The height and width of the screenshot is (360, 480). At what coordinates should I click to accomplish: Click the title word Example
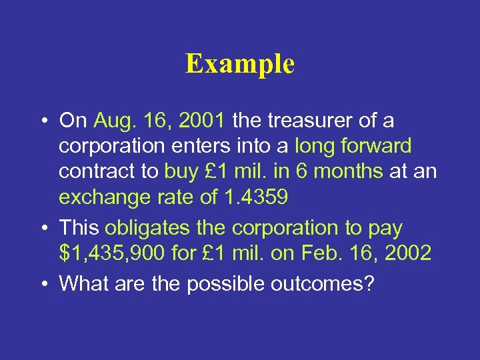coord(240,64)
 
